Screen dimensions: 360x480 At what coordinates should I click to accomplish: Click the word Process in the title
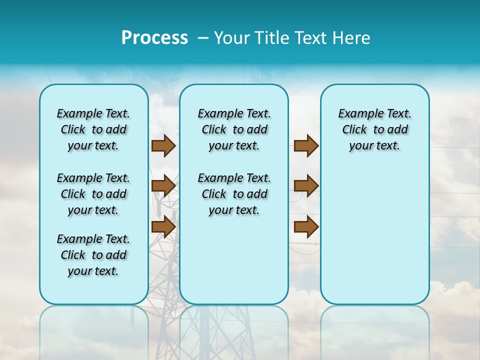point(154,38)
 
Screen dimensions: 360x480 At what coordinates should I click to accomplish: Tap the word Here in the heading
point(352,38)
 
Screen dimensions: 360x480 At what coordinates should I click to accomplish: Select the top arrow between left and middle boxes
point(163,146)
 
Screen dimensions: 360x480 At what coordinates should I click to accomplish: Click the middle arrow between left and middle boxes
point(163,186)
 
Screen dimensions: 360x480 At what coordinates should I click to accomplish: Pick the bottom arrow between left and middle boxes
point(163,226)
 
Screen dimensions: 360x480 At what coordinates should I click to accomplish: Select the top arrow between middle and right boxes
point(306,146)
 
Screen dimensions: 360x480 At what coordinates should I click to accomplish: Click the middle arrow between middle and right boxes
point(306,186)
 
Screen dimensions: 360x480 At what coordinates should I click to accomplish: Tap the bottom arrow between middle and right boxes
point(306,226)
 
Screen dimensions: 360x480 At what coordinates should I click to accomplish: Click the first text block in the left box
point(93,129)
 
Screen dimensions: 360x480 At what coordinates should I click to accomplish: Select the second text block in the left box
point(93,194)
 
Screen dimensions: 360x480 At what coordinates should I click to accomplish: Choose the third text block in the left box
point(93,255)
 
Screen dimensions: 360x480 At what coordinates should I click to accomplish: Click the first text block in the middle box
point(234,129)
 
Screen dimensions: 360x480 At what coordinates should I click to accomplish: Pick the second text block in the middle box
point(234,194)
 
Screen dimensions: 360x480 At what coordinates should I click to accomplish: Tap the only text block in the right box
point(375,129)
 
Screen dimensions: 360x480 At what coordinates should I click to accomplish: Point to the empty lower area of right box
point(375,235)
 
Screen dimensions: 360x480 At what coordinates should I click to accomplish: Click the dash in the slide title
point(202,38)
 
